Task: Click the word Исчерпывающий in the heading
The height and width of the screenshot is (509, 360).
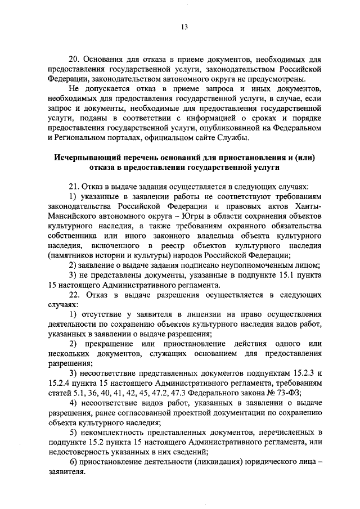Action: coord(84,158)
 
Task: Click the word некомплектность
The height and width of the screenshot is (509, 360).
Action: coord(114,432)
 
